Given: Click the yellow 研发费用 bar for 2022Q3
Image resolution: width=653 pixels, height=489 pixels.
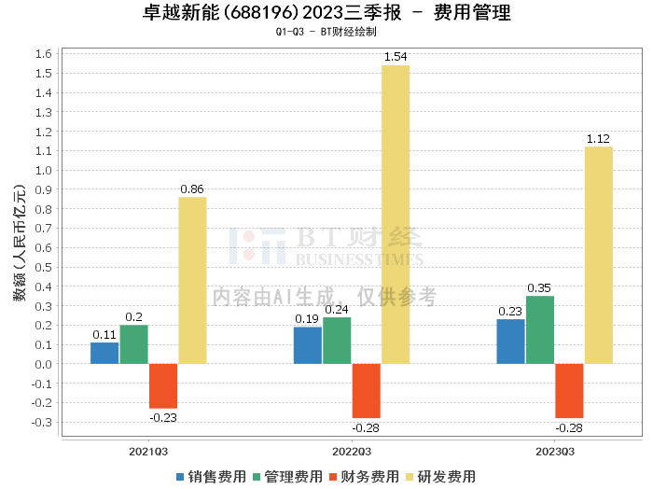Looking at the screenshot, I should (x=395, y=215).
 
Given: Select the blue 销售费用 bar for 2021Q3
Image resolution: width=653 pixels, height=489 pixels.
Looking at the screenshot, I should (x=104, y=353).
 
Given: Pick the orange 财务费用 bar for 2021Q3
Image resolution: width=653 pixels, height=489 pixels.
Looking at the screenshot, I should (x=163, y=385).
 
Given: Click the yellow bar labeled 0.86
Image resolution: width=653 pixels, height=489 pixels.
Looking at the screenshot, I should (x=192, y=280).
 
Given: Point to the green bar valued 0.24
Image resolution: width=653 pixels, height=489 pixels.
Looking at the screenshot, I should (x=337, y=341).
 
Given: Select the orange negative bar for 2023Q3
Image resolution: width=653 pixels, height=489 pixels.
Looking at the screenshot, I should (x=569, y=390).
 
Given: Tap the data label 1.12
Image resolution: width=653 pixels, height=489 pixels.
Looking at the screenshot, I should (x=598, y=139).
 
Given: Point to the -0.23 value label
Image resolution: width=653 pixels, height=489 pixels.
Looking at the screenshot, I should (x=163, y=416).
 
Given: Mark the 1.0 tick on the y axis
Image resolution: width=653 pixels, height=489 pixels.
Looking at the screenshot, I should (x=43, y=171).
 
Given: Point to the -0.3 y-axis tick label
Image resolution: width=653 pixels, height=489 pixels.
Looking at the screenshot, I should (x=40, y=422).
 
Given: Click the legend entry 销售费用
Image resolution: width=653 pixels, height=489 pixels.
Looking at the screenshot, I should (x=210, y=476).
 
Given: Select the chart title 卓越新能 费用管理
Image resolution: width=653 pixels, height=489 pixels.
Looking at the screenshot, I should (x=326, y=13).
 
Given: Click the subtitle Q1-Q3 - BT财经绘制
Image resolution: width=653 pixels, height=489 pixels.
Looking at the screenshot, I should (x=326, y=32).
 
